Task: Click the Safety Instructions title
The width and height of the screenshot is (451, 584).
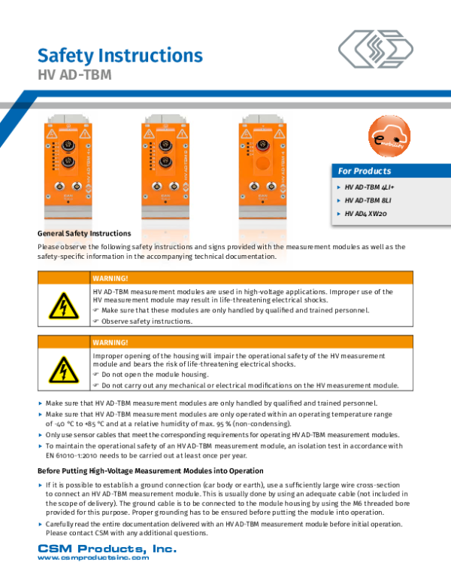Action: (120, 56)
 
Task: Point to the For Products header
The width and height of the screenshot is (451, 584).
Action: (365, 171)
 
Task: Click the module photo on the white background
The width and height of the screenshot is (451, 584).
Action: (165, 169)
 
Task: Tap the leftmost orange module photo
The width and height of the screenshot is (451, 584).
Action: (70, 169)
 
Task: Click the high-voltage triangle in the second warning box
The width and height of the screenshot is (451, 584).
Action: (63, 370)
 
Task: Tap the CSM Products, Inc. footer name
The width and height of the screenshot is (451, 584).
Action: (107, 549)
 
